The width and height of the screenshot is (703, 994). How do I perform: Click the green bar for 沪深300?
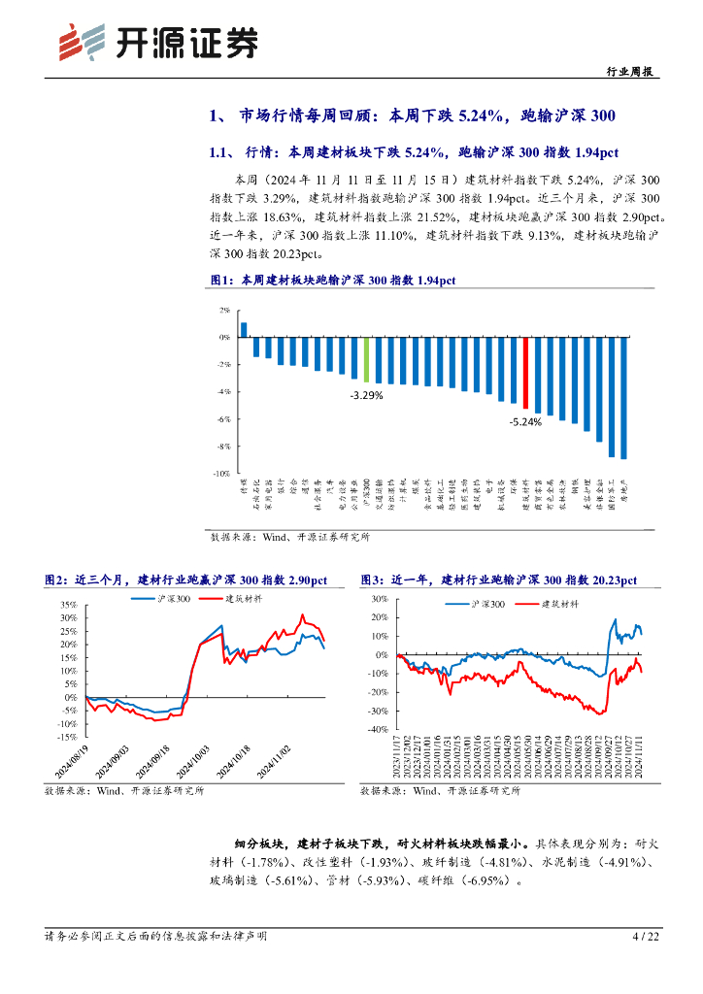[366, 359]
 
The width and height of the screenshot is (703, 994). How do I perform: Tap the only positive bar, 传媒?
[244, 329]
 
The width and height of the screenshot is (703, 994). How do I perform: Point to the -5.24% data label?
[526, 422]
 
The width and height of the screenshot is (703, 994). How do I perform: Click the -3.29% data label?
[366, 395]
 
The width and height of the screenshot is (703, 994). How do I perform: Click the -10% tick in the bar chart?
[222, 473]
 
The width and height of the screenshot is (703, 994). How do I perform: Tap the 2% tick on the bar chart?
[224, 311]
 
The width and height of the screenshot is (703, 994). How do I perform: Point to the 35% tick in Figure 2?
[69, 604]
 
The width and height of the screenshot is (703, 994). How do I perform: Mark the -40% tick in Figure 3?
[374, 727]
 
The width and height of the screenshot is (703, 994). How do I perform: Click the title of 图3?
[498, 580]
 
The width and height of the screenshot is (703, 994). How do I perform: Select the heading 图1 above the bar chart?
[332, 281]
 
